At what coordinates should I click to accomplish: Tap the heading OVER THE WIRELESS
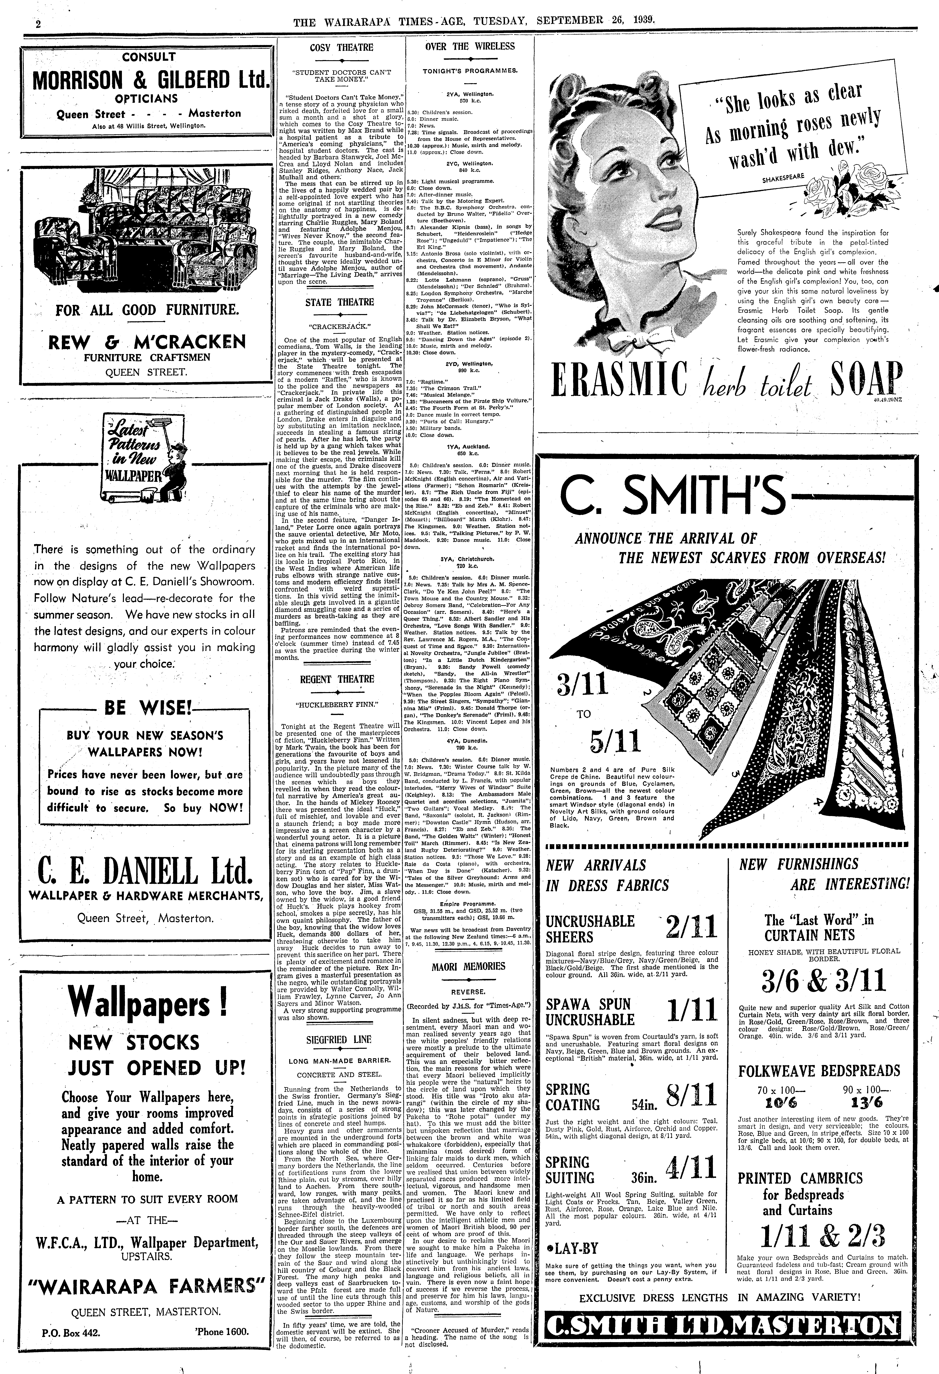tap(470, 47)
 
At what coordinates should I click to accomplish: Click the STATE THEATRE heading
tap(339, 302)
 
